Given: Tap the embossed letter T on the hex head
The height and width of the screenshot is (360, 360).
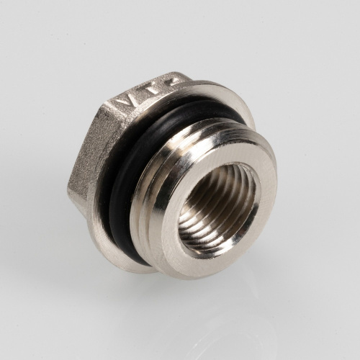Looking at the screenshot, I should (x=150, y=92).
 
